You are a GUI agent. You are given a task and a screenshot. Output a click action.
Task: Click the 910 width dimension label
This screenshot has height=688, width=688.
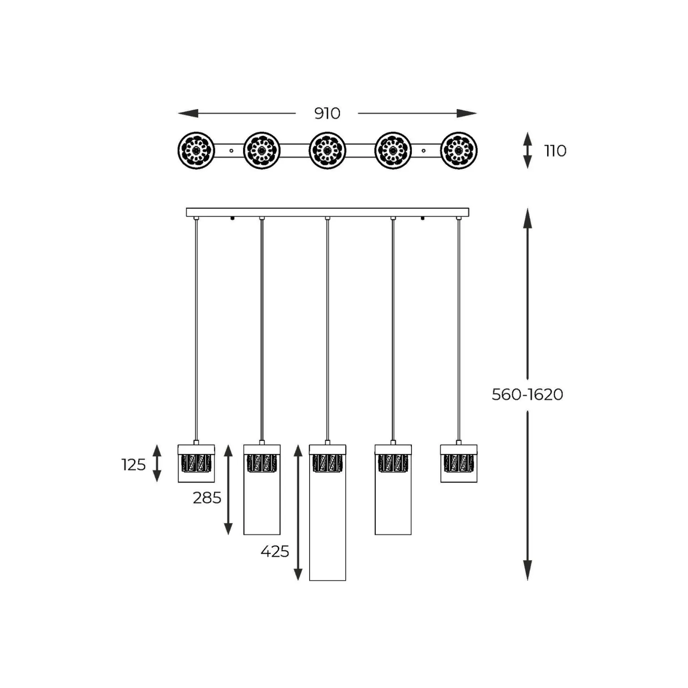click(327, 113)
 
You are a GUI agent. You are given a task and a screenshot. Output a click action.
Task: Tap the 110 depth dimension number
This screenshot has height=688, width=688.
click(555, 151)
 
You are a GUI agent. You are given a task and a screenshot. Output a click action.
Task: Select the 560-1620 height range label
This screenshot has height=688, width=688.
click(527, 394)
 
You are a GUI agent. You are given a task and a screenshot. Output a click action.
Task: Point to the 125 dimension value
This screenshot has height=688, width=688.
click(134, 465)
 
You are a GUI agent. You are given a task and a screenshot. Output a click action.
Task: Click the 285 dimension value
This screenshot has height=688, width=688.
click(207, 498)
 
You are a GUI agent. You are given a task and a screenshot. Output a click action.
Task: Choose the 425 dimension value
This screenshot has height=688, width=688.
click(275, 552)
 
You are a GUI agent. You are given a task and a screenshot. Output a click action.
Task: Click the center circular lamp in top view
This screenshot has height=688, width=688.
click(327, 151)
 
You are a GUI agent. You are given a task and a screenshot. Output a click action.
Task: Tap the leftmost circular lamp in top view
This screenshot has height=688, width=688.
click(196, 151)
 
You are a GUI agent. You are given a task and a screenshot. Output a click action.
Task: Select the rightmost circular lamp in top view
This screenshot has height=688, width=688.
click(459, 151)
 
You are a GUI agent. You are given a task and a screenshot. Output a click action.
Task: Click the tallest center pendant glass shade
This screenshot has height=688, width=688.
click(327, 512)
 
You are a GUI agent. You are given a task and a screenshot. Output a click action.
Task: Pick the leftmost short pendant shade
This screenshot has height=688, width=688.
click(196, 463)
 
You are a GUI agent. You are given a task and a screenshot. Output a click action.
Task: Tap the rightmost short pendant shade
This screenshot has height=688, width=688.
click(459, 463)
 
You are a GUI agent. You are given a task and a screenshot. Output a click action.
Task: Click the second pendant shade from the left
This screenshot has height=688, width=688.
click(262, 490)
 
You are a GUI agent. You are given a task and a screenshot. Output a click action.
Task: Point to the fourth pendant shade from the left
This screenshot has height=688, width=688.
click(393, 490)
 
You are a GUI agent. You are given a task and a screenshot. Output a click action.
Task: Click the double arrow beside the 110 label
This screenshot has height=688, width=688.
click(528, 151)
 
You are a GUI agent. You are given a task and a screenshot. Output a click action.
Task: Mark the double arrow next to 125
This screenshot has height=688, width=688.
click(157, 463)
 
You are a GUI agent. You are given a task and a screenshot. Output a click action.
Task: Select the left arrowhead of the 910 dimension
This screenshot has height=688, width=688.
click(188, 113)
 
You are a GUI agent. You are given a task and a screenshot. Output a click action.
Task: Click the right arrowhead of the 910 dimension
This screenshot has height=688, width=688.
click(467, 113)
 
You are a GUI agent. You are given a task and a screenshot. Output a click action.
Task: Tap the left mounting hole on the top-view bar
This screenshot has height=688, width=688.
click(231, 151)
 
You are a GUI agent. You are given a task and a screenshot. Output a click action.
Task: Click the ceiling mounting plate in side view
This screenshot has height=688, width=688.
click(327, 212)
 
